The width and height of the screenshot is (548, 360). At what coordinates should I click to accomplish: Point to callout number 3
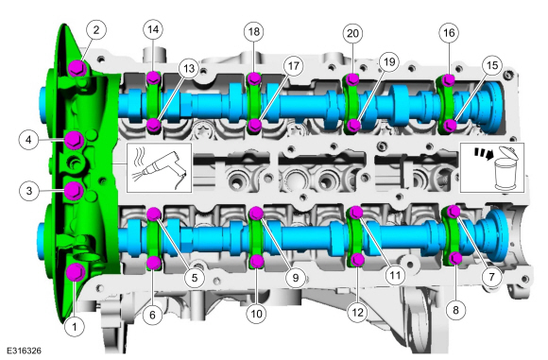point(31,191)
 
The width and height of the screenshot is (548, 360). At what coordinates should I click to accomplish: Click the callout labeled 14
point(152,29)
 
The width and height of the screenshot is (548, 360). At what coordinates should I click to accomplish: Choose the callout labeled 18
point(252,32)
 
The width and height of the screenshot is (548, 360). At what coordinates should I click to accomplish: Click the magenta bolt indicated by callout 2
point(76,67)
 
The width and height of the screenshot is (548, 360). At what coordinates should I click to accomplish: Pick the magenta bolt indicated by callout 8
point(455,258)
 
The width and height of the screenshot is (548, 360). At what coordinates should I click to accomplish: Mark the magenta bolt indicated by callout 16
point(447,79)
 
